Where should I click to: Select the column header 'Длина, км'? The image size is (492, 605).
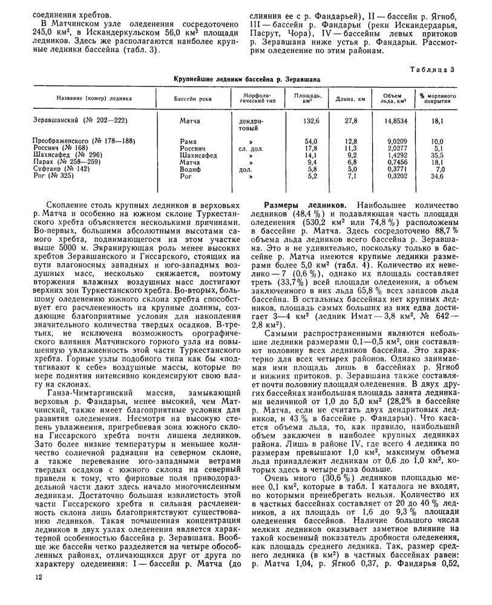tap(351, 98)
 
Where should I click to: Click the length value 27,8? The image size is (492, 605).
tap(351, 120)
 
